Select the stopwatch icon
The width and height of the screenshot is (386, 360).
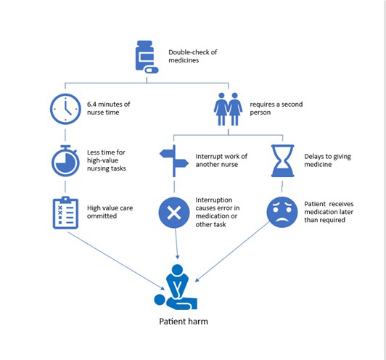click(65, 161)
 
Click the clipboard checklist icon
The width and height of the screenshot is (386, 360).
click(65, 213)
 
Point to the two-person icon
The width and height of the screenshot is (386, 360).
click(229, 109)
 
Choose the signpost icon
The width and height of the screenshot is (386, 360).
click(174, 161)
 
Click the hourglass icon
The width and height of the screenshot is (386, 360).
click(283, 161)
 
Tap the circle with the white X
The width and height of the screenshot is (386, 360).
click(174, 213)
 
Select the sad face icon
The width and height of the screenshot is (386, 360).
click(282, 212)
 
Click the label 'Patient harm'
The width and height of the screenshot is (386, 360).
click(184, 322)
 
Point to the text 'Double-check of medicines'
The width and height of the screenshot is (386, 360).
click(193, 56)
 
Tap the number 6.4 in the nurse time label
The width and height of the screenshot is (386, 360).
click(91, 105)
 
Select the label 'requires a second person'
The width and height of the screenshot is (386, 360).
click(276, 108)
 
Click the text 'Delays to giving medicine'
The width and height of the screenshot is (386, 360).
click(328, 160)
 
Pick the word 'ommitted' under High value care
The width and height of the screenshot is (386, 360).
click(102, 216)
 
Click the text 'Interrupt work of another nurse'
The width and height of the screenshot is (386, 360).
click(221, 160)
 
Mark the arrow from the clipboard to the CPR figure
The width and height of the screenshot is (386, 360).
click(116, 261)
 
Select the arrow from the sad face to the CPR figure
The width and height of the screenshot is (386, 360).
click(233, 251)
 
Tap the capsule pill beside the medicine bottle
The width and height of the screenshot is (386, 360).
click(152, 70)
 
